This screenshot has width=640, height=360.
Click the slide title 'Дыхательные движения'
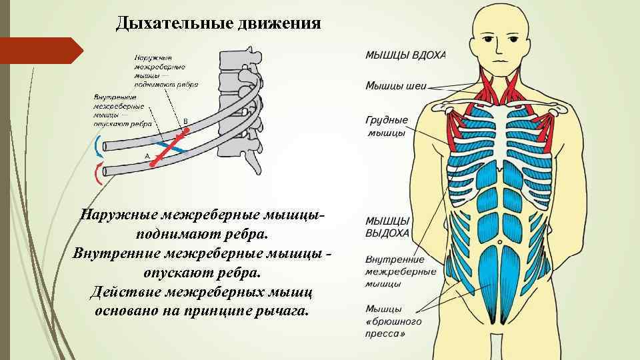[x=218, y=25]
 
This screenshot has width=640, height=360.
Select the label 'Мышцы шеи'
[x=396, y=85]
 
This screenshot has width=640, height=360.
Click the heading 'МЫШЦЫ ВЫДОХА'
[x=387, y=227]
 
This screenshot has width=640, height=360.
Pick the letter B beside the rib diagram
[x=185, y=121]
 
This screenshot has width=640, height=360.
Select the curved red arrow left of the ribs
[x=99, y=174]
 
